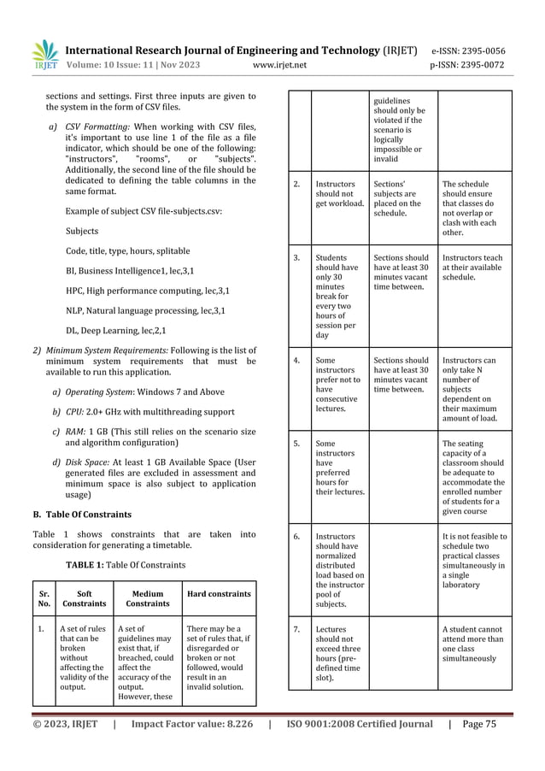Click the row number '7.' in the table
coord(296,630)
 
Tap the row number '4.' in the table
coord(296,361)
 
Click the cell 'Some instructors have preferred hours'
coord(338,468)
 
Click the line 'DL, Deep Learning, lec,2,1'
coord(116,330)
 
